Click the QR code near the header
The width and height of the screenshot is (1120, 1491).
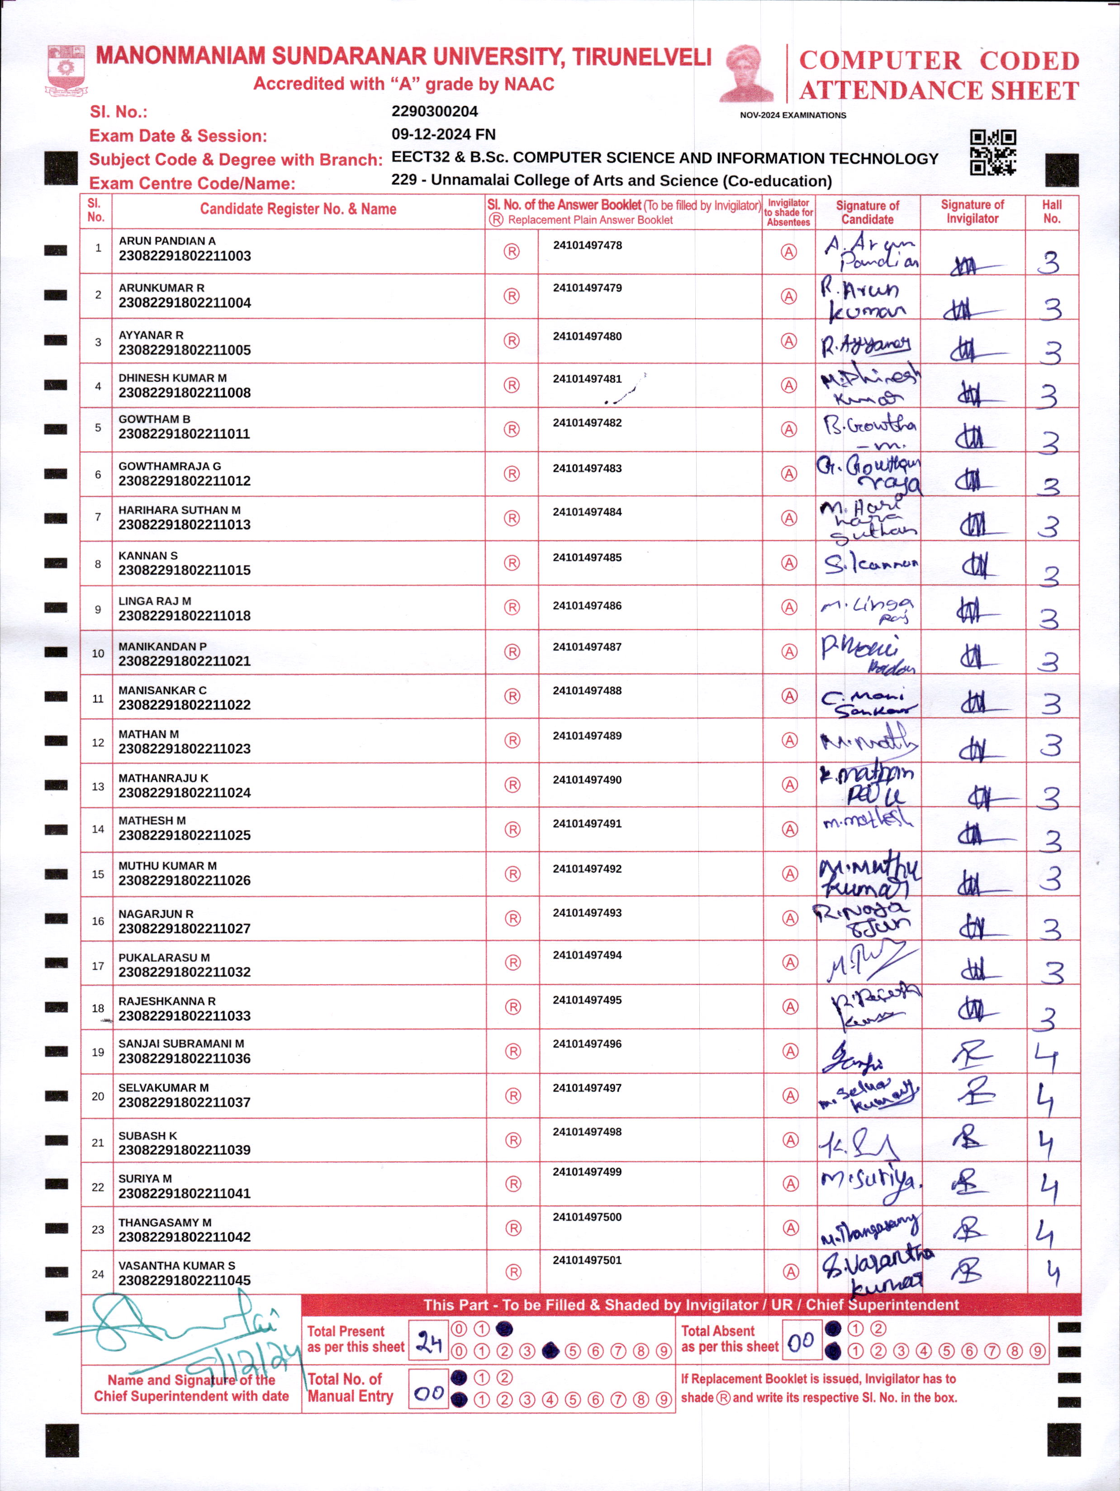click(x=992, y=152)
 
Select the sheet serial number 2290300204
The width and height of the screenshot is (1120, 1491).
click(x=434, y=111)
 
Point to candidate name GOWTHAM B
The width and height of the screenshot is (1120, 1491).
click(x=154, y=419)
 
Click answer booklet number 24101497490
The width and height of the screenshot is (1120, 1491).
click(x=587, y=780)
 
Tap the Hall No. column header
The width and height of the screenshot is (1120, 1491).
click(x=1051, y=212)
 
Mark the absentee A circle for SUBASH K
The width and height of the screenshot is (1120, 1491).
click(x=790, y=1140)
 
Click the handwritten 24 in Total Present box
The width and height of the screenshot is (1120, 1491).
click(x=428, y=1342)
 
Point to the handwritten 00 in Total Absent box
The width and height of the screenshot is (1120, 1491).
click(x=800, y=1342)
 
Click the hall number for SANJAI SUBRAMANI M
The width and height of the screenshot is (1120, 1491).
click(x=1047, y=1057)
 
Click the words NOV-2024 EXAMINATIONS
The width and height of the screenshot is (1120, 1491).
click(x=793, y=115)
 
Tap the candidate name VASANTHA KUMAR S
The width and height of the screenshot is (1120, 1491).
click(x=177, y=1266)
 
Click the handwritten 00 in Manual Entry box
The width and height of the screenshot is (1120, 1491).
click(x=428, y=1392)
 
